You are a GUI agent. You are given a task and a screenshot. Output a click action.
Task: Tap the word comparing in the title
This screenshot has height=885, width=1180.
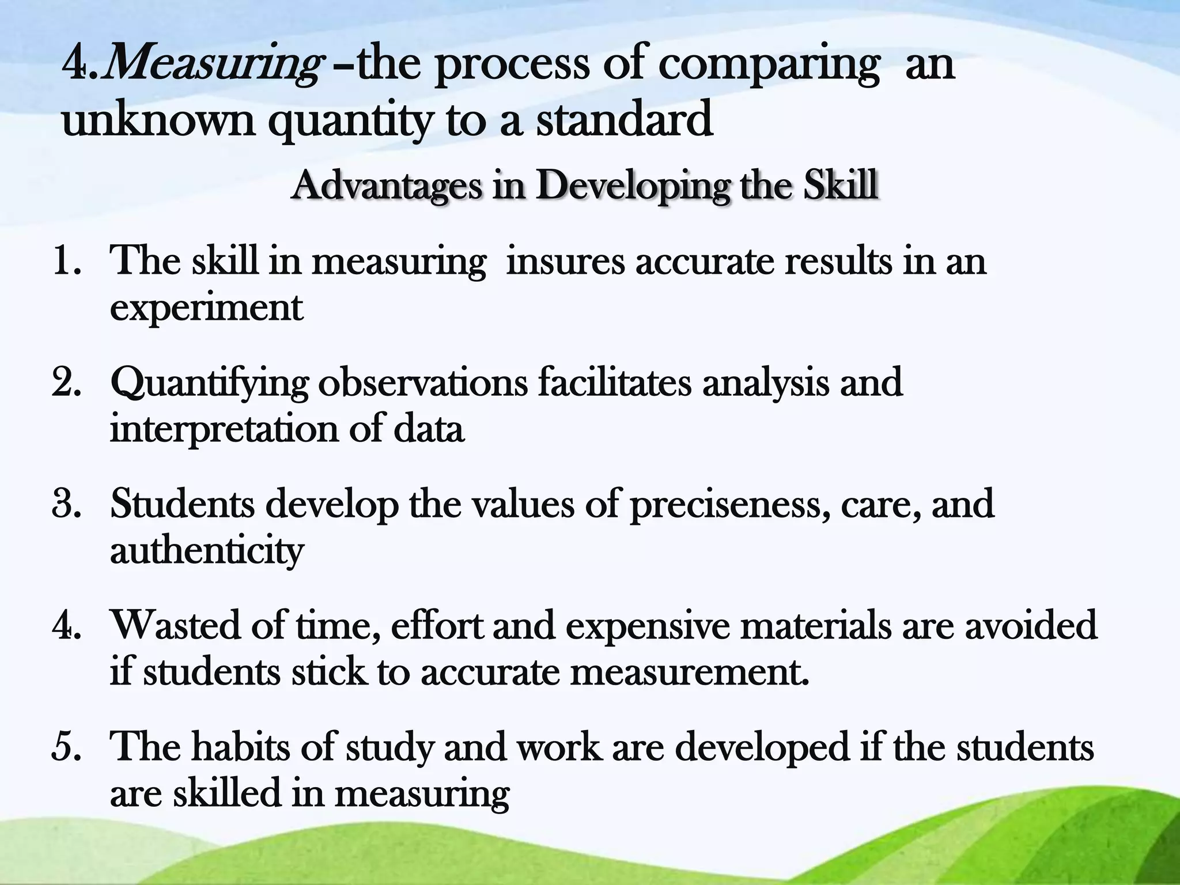point(769,65)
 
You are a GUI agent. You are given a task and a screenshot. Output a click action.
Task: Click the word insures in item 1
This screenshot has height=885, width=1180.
point(565,260)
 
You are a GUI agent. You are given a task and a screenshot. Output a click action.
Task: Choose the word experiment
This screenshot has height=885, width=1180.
point(206,308)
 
